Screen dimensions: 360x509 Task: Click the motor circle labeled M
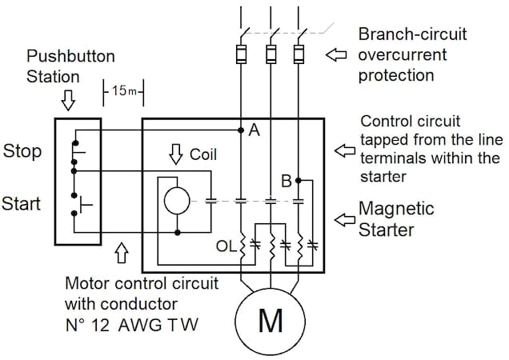(x=271, y=320)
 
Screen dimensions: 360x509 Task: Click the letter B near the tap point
(x=286, y=182)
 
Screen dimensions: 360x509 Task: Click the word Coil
(x=203, y=154)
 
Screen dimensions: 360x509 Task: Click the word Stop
(x=22, y=150)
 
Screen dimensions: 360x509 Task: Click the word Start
(x=22, y=204)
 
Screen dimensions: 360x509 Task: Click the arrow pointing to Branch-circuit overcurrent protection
(x=336, y=55)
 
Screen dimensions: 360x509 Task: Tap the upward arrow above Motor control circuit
(x=122, y=253)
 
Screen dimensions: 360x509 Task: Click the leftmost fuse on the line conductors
(x=240, y=54)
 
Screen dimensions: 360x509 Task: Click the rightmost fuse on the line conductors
(x=299, y=54)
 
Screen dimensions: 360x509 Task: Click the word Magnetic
(x=396, y=209)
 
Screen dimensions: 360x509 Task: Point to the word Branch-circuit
(x=412, y=35)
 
